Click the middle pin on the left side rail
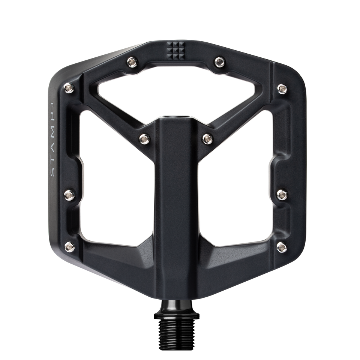[x=69, y=193]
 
